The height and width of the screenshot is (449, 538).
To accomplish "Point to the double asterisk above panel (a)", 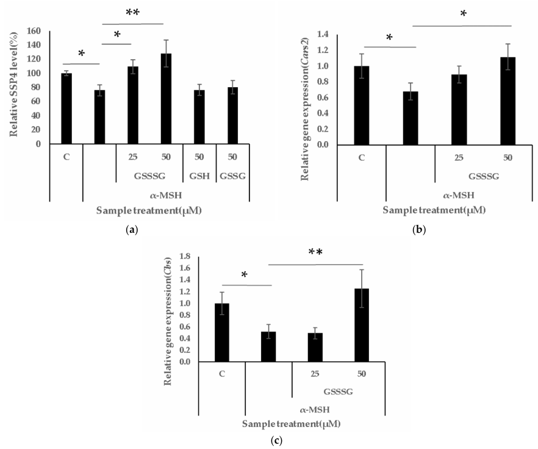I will [x=132, y=13].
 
